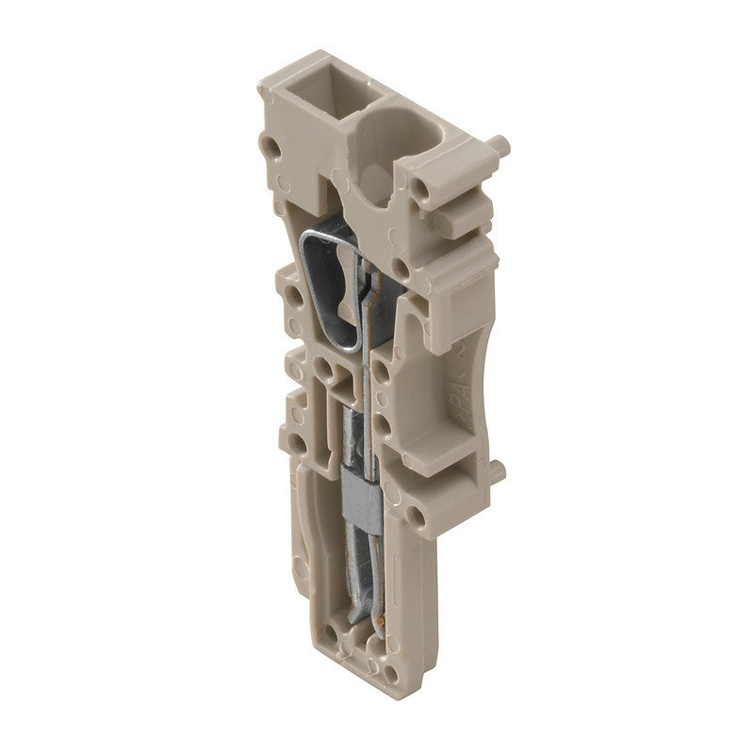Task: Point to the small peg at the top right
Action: click(x=500, y=146)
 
